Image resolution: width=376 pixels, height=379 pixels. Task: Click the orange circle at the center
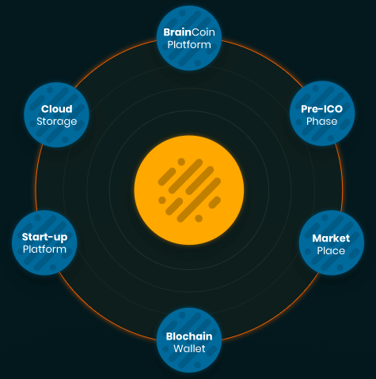point(189,190)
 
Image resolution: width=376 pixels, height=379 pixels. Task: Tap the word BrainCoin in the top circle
point(189,32)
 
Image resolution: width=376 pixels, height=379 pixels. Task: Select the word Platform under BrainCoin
point(189,45)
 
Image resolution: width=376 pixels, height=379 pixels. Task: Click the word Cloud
point(57,109)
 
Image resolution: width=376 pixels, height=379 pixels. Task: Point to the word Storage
point(57,122)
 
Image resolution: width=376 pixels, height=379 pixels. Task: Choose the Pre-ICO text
point(322,109)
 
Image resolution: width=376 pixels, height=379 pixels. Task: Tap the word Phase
point(322,122)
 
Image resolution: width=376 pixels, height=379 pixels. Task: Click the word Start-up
point(44,237)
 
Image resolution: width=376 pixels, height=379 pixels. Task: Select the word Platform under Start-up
point(44,250)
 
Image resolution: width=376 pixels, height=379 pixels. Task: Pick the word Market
point(331,238)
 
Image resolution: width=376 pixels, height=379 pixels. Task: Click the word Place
point(331,251)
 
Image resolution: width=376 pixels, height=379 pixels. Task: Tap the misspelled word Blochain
point(189,336)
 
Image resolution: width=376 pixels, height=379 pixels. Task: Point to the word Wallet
point(189,349)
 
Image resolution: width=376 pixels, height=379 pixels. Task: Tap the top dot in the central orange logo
point(181,162)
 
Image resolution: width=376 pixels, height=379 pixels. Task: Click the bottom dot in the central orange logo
point(199,219)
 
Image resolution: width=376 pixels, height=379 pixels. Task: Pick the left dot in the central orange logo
point(162,200)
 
